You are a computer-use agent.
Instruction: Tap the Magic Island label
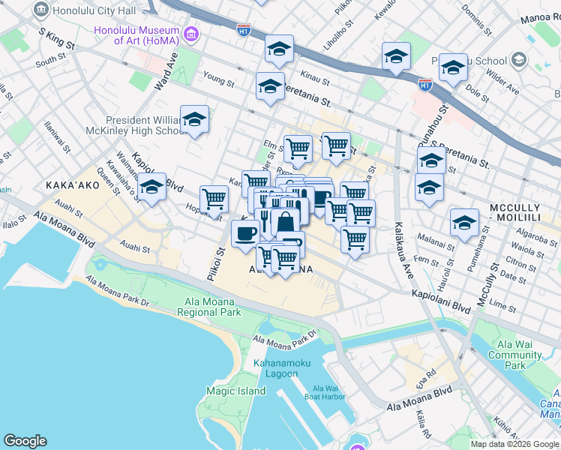236,391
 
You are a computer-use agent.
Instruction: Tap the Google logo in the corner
25,441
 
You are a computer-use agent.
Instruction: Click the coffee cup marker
245,233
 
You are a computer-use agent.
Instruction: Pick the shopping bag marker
286,222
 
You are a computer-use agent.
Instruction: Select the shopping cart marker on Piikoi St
215,199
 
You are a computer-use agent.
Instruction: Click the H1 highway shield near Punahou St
425,85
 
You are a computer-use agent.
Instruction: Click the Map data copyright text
514,444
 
